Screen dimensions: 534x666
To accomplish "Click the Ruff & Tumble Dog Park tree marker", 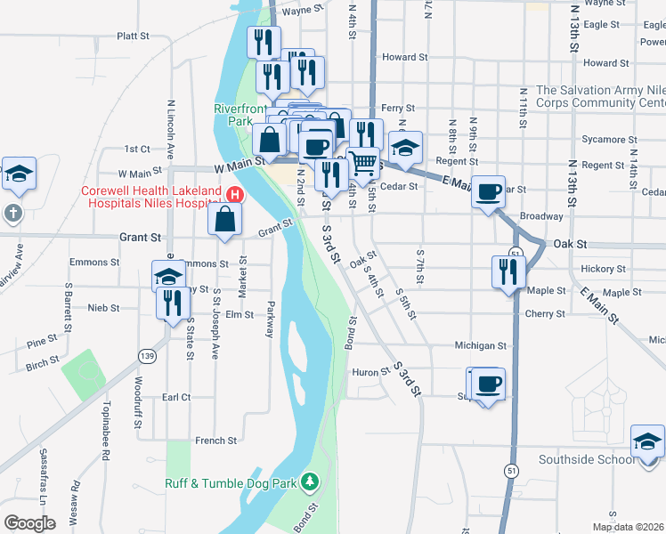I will tap(310, 481).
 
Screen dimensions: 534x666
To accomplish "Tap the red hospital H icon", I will tap(235, 194).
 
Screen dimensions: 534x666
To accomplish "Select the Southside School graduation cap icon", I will tap(647, 441).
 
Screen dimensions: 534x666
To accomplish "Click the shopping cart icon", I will tap(363, 162).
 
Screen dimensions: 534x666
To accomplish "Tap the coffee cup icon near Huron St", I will tap(487, 384).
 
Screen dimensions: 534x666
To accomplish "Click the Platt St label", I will tap(132, 36).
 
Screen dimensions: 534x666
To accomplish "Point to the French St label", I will tap(216, 440).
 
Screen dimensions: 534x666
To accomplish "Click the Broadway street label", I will tap(541, 216).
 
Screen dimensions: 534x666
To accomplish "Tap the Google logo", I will tap(29, 523).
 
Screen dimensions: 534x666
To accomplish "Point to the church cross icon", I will tap(12, 214).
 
